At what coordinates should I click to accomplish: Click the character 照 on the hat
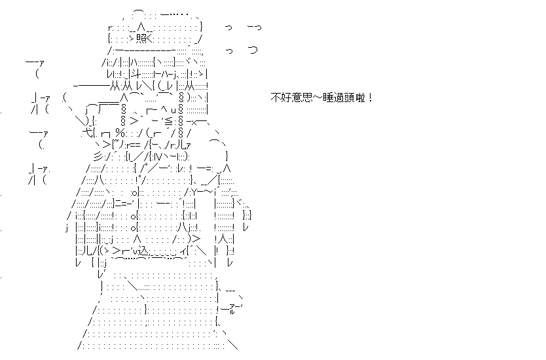[x=141, y=39]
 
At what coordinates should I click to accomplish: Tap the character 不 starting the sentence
[x=276, y=98]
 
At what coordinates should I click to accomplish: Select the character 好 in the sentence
[x=286, y=98]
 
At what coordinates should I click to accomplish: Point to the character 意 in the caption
[x=297, y=98]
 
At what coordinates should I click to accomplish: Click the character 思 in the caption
[x=307, y=98]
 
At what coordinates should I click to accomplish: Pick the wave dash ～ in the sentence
[x=318, y=98]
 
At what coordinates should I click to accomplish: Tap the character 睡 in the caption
[x=328, y=98]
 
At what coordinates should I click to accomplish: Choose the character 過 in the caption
[x=338, y=98]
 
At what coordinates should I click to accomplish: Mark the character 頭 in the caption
[x=349, y=98]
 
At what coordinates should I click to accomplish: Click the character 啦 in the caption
[x=360, y=98]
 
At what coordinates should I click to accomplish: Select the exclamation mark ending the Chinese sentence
[x=370, y=98]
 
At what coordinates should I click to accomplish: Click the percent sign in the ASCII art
[x=120, y=133]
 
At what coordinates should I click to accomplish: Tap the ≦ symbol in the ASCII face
[x=168, y=122]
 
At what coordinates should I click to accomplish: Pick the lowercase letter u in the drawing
[x=173, y=111]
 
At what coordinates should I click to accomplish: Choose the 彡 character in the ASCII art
[x=99, y=156]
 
